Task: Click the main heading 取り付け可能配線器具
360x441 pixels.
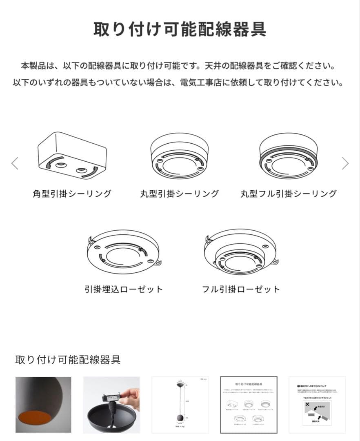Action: coord(180,29)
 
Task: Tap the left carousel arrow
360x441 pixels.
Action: coord(15,163)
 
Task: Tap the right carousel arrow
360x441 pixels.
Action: coord(345,163)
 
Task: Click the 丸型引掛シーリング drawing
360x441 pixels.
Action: coord(179,156)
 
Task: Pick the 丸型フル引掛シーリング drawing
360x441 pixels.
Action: coord(289,156)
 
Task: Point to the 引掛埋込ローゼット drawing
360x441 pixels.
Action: coord(123,251)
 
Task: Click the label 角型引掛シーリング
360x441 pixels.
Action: coord(72,194)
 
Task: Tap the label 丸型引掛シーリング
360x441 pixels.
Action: coord(179,194)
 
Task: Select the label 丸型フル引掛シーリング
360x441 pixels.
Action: coord(289,194)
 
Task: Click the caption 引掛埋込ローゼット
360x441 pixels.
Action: coord(123,289)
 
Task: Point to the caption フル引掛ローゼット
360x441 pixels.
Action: coord(241,289)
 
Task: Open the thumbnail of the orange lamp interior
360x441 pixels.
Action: coord(43,405)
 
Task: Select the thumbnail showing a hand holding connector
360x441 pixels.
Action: coord(111,405)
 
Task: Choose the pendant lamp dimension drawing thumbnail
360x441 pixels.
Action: coord(180,405)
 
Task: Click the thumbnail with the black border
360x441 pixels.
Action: coord(249,405)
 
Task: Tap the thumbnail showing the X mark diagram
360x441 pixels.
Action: coord(317,405)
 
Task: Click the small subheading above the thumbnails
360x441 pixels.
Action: coord(68,360)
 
